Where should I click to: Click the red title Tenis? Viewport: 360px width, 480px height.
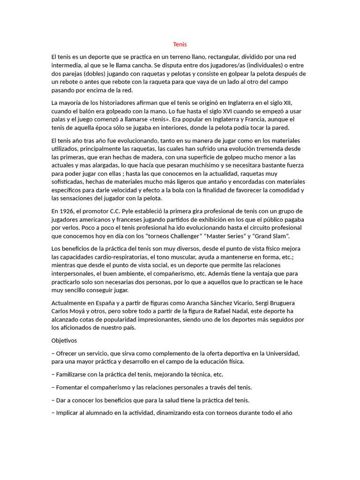[x=180, y=45]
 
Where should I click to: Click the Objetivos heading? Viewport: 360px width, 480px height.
[x=64, y=340]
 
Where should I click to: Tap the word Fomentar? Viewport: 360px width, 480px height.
[x=70, y=387]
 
